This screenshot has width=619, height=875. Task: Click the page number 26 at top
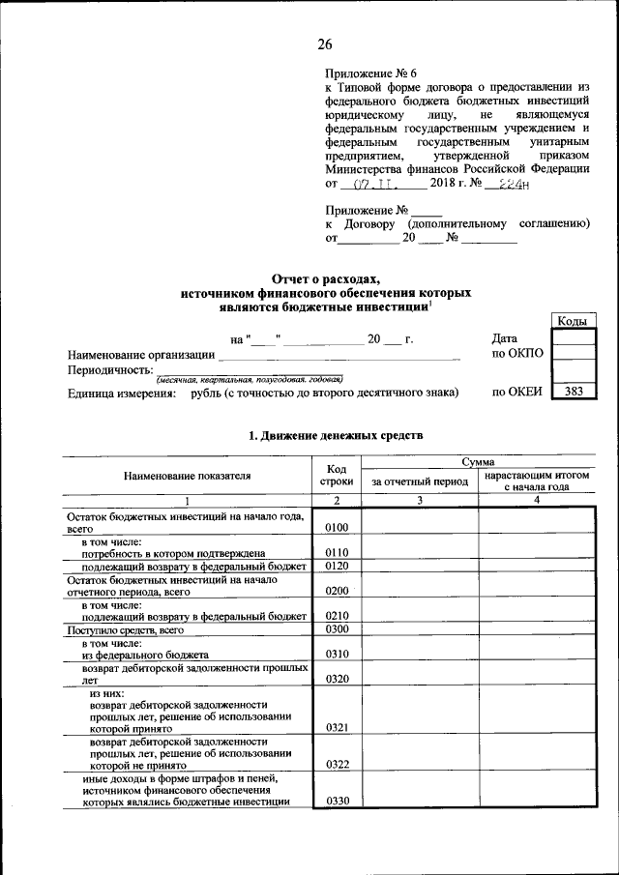click(x=324, y=44)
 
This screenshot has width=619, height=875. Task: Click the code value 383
click(x=573, y=393)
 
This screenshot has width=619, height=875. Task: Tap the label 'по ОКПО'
click(x=517, y=354)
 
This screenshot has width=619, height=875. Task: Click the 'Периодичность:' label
click(x=110, y=369)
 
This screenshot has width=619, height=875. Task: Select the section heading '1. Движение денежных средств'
click(x=336, y=437)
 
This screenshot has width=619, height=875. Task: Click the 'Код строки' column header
click(x=337, y=475)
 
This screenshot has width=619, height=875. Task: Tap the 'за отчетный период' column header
click(x=420, y=481)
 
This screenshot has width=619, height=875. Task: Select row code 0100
click(x=337, y=527)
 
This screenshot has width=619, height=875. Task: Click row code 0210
click(x=337, y=615)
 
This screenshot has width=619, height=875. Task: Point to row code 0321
click(x=337, y=726)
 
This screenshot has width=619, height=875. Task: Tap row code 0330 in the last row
click(x=337, y=801)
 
